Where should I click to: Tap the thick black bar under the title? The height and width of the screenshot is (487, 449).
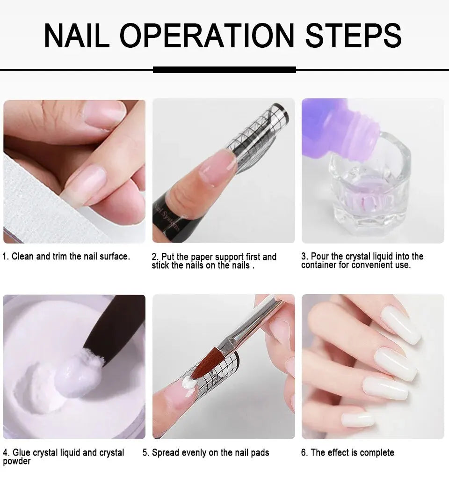(224, 70)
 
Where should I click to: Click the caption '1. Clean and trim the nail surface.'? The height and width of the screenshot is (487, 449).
(66, 257)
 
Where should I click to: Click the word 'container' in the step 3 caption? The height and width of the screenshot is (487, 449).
(319, 265)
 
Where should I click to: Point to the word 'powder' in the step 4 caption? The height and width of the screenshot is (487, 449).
(16, 461)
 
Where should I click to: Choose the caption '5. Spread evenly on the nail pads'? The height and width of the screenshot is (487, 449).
(206, 453)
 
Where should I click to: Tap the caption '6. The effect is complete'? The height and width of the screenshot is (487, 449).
(348, 453)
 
